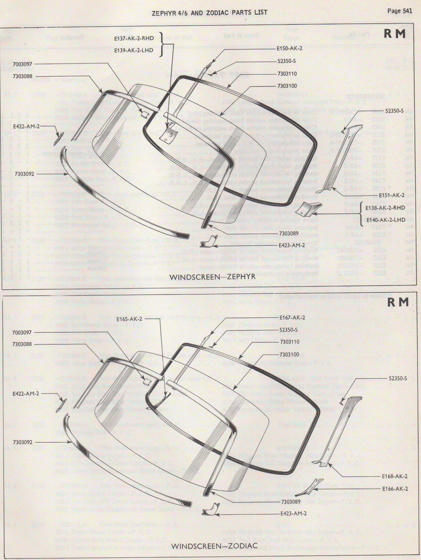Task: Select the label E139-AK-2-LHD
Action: (x=134, y=50)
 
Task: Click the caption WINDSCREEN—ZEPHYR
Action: (x=212, y=277)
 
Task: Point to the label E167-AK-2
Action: (x=292, y=318)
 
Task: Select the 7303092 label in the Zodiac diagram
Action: (x=23, y=442)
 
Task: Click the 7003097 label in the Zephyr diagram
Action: (x=23, y=64)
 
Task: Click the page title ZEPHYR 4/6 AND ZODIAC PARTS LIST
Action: (x=209, y=12)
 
